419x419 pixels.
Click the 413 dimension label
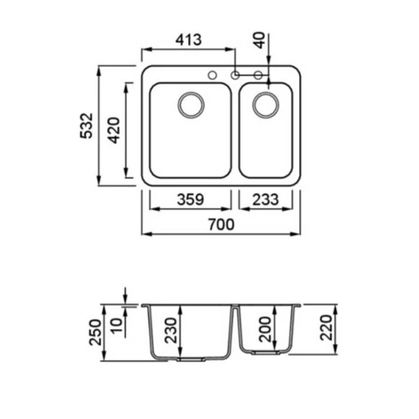click(x=189, y=40)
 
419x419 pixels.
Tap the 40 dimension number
click(x=259, y=40)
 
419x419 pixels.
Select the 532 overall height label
click(x=86, y=126)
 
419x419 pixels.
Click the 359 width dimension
click(x=191, y=200)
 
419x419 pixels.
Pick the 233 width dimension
click(x=266, y=200)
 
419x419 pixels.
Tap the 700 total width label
click(x=221, y=225)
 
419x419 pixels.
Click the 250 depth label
click(x=95, y=333)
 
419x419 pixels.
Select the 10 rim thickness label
click(x=116, y=325)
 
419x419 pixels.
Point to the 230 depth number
click(x=171, y=330)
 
